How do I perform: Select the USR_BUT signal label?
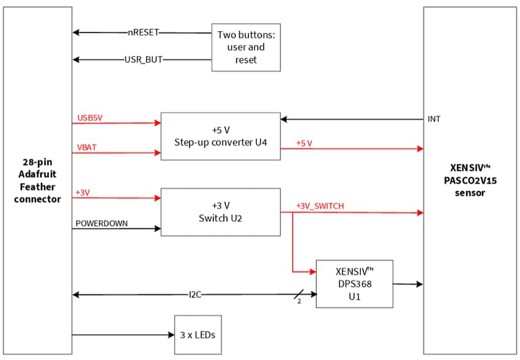143,60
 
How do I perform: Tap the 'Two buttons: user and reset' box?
246,47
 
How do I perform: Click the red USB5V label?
90,117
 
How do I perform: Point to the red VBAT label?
86,147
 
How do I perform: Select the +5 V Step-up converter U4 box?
220,136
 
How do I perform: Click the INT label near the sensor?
433,119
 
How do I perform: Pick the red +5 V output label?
304,143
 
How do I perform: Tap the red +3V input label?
83,193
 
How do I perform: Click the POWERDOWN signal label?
102,223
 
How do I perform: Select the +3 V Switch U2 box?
220,211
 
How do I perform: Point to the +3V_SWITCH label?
319,206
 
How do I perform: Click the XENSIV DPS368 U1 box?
354,284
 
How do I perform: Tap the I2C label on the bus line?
195,295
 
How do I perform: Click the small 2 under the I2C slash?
299,301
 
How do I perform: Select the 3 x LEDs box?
198,334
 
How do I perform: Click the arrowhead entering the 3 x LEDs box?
171,335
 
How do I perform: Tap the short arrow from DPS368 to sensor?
408,284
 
